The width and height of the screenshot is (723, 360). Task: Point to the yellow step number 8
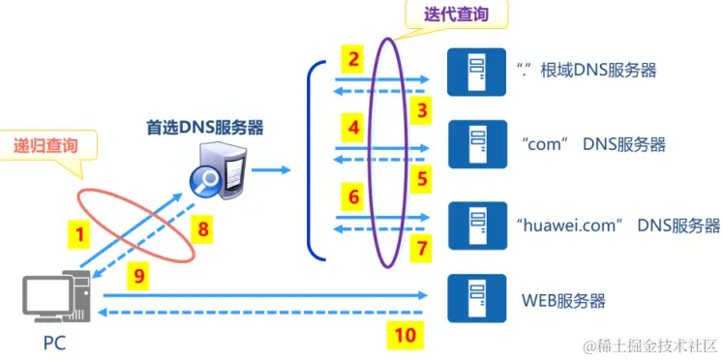[202, 229]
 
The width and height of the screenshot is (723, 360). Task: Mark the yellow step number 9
[139, 276]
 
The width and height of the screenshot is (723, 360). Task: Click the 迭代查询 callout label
[457, 15]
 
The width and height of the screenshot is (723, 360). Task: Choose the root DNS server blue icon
[473, 70]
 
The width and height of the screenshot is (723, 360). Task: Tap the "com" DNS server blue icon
[473, 145]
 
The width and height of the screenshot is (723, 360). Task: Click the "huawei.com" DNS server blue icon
[473, 225]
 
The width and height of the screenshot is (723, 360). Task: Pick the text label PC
[54, 343]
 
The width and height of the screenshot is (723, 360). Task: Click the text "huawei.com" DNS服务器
[619, 225]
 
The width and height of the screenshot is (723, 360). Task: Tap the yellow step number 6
[354, 197]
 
